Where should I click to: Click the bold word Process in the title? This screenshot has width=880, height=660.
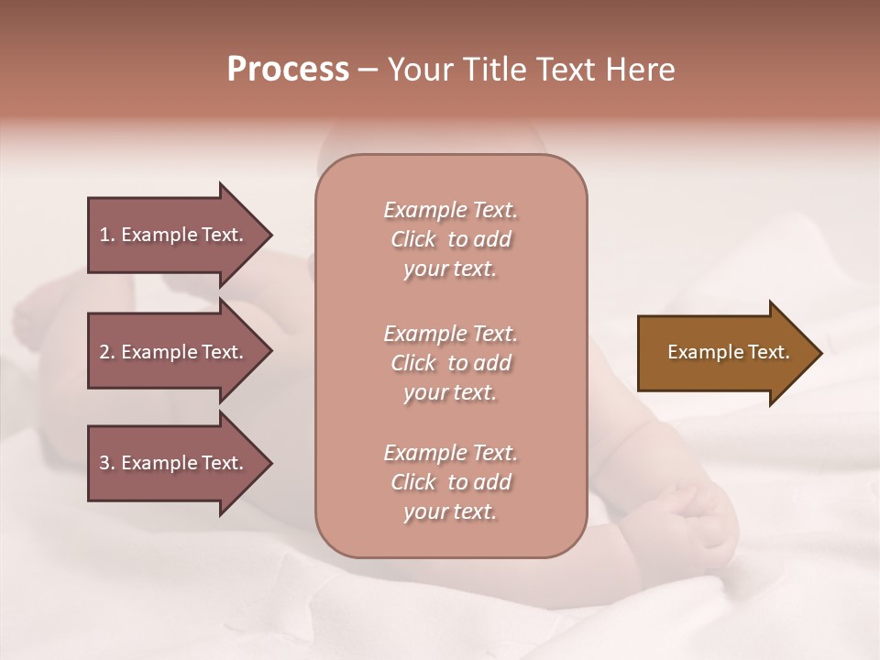click(x=288, y=70)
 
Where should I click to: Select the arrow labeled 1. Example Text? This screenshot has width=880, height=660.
click(x=174, y=235)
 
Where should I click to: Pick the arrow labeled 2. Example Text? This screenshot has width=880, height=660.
click(x=174, y=352)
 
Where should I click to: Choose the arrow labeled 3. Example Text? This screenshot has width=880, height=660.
click(x=174, y=463)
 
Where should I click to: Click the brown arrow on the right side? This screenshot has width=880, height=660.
click(x=724, y=353)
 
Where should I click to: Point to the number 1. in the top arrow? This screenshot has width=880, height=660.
click(x=107, y=235)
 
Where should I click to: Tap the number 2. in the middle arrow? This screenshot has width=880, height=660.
click(x=107, y=352)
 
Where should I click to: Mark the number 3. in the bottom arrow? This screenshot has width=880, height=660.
click(x=107, y=463)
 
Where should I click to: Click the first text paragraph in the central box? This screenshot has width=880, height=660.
click(x=450, y=239)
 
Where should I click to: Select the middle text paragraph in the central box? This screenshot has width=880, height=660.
click(x=450, y=363)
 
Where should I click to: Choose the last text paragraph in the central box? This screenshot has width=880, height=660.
click(x=450, y=482)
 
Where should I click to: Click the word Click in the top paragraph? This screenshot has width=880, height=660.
click(x=413, y=239)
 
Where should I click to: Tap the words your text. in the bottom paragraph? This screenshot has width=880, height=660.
click(x=450, y=511)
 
